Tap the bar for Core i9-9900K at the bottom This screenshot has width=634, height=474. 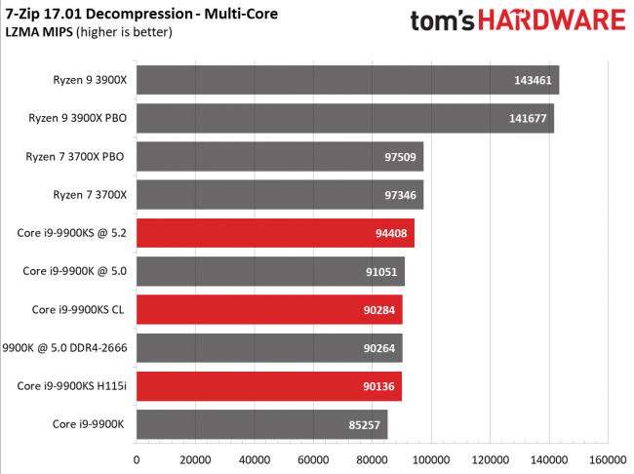point(261,424)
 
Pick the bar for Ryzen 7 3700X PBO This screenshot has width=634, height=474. point(279,156)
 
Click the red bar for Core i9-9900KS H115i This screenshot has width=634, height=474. point(268,386)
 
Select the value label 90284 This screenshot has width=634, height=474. point(379,310)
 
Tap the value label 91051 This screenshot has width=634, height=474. point(381,271)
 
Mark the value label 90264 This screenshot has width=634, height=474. point(379,348)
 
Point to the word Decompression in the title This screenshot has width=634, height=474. point(135,14)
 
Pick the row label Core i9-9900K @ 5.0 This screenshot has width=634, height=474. point(73,271)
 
